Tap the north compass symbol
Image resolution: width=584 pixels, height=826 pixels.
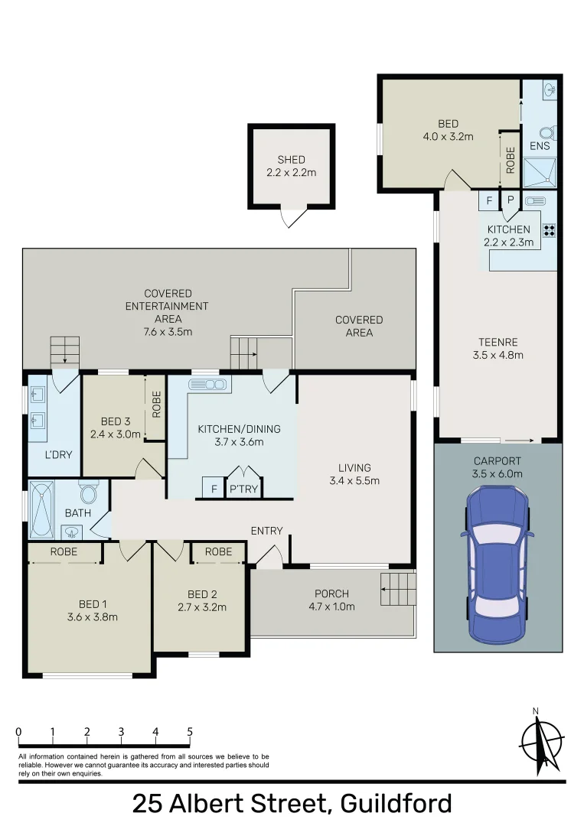[540, 742]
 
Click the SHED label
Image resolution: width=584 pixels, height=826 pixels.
[291, 160]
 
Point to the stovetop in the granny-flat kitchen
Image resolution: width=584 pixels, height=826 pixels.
[549, 229]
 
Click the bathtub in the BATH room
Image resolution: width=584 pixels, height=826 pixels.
[41, 509]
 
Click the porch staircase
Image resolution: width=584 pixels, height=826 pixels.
[398, 590]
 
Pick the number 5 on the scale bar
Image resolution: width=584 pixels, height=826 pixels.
[190, 732]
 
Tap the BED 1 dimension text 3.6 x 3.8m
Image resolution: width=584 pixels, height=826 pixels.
[93, 617]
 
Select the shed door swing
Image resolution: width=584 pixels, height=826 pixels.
[292, 217]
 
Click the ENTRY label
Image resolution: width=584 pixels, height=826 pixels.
[266, 531]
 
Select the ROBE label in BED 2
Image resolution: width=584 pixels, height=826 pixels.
[218, 551]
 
